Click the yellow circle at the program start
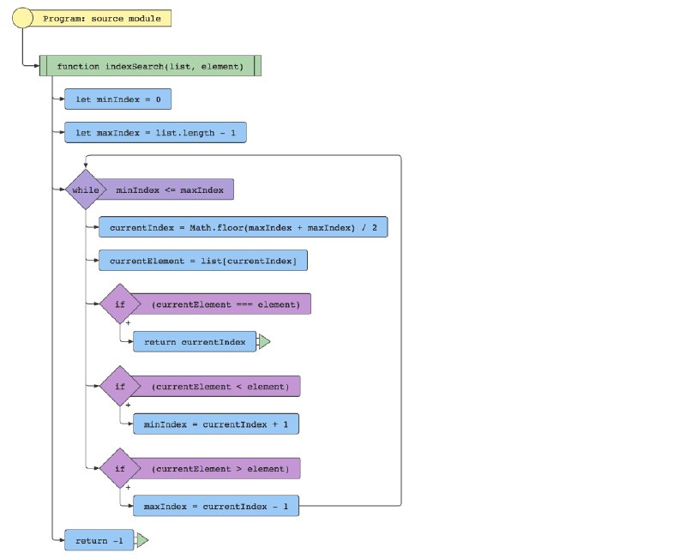coord(22,18)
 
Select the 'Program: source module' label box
coord(101,18)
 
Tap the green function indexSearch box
coord(150,66)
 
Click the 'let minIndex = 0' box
coord(117,99)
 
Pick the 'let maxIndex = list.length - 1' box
coord(155,133)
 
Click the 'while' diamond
coord(86,189)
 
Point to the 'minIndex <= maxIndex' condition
coord(169,189)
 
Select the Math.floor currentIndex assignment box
coord(243,227)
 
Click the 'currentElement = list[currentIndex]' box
coord(203,261)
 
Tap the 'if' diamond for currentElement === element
coord(120,304)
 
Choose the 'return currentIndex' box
coord(195,341)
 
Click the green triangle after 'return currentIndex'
coord(264,341)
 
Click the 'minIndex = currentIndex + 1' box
coord(216,424)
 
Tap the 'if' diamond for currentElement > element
coord(120,468)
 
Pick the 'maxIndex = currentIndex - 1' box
coord(216,506)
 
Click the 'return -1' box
coord(99,540)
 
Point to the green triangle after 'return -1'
coord(142,540)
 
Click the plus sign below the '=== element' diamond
coord(128,323)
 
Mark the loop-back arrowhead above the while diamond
coord(86,165)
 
